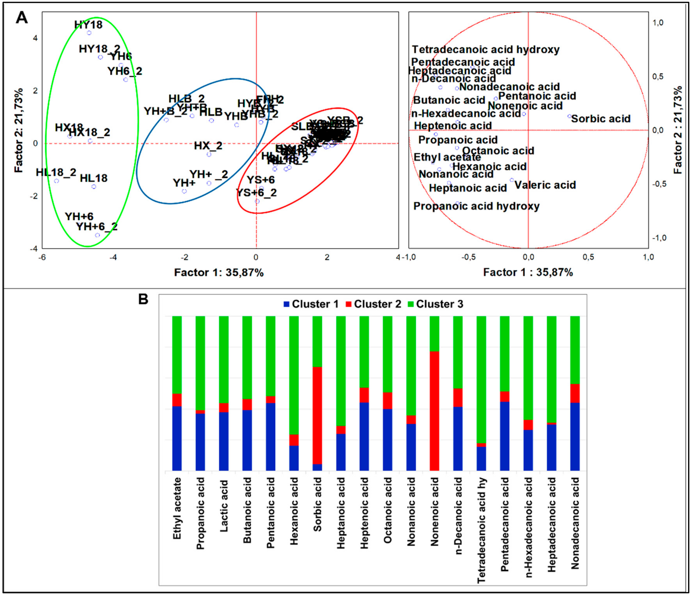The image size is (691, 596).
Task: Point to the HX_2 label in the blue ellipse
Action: pos(208,146)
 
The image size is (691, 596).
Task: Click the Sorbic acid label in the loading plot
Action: pos(601,119)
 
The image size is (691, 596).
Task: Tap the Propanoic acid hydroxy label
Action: pos(476,206)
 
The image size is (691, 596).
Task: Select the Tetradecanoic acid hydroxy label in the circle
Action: pos(486,50)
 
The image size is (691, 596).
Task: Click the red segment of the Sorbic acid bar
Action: pos(317,415)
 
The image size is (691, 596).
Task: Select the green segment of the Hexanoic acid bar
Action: pos(294,375)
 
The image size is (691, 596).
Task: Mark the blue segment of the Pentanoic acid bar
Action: pos(271,437)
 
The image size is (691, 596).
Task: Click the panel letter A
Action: pos(22,18)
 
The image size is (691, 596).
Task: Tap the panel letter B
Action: pos(143,299)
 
